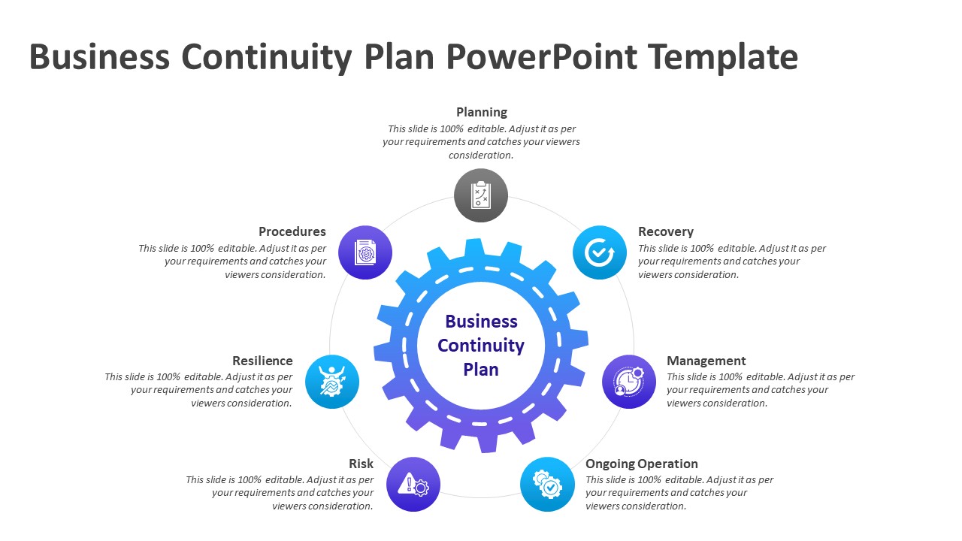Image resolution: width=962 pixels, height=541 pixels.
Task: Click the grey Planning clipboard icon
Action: coord(481,195)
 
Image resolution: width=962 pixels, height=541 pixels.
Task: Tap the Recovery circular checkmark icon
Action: coord(600,252)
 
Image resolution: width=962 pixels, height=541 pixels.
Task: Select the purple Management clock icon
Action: coord(629,382)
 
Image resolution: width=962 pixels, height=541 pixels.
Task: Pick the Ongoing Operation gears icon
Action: coord(547,485)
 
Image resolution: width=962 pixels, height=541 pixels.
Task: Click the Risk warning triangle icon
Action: coord(413,485)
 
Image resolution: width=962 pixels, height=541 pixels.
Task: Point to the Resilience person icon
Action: coord(332,382)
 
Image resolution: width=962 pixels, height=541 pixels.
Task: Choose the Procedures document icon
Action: coord(365,252)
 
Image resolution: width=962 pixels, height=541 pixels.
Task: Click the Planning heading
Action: coord(482,113)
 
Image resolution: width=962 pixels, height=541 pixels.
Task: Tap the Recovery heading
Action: coord(666,232)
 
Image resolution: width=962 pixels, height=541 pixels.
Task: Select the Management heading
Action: coord(706,361)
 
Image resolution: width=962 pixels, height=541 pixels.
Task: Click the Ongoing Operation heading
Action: coord(642,464)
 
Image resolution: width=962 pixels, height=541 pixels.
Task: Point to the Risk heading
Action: coord(362,464)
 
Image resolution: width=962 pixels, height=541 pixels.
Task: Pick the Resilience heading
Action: coord(262,361)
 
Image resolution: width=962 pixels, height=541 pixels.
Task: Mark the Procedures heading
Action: coord(292,232)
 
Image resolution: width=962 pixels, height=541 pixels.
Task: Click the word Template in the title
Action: coord(723,57)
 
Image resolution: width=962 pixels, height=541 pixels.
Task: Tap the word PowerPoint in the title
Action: coord(542,57)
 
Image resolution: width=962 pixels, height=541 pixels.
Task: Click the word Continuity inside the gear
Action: coord(481,346)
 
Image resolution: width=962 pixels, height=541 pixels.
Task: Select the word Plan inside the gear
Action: coord(481,370)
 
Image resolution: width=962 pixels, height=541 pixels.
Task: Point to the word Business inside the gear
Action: coord(481,322)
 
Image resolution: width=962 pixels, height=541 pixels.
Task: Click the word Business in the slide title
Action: coord(100,57)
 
